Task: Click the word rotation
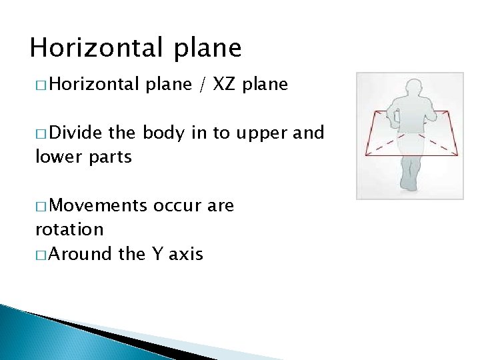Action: coord(69,229)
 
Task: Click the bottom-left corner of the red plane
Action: coord(364,155)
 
